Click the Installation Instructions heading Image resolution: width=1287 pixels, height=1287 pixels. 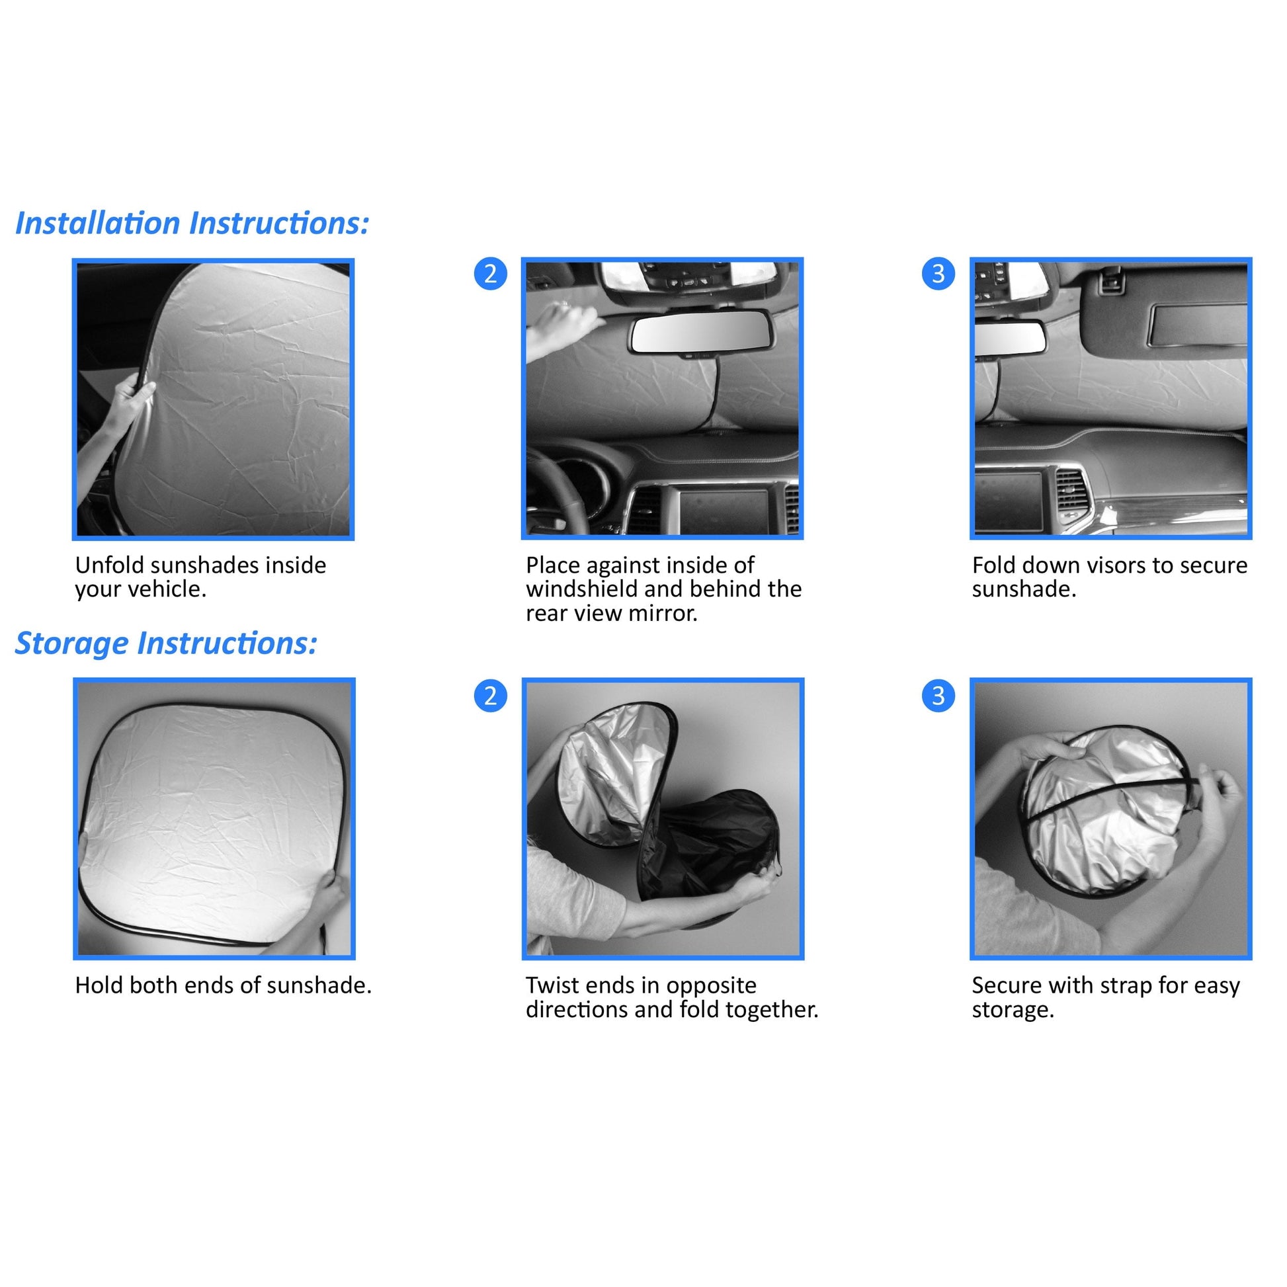192,224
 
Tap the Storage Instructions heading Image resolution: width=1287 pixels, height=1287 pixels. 166,643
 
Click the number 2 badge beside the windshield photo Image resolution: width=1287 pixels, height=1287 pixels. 490,274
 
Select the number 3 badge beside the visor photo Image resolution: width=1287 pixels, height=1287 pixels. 938,274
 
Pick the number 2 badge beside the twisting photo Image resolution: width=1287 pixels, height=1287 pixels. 490,696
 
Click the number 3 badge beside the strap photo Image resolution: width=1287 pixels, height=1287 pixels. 938,696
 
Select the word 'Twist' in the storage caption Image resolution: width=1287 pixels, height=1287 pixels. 550,985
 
